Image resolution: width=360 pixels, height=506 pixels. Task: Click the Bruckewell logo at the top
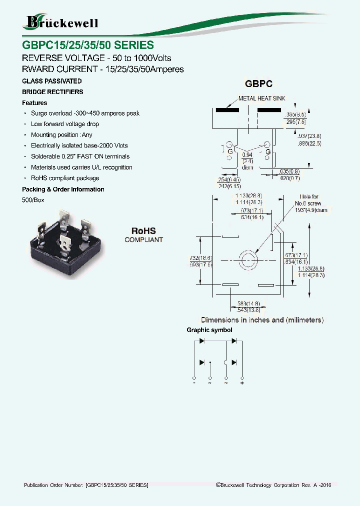(61, 22)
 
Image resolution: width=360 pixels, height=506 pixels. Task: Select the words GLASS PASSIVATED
(52, 81)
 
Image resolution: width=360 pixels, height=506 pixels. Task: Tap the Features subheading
(34, 102)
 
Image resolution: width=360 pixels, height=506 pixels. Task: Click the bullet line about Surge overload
(85, 113)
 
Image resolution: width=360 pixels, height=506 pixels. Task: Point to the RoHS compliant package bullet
(65, 178)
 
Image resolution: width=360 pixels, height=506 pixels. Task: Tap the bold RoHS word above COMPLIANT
(143, 231)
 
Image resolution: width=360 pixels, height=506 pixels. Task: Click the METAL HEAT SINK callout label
(261, 98)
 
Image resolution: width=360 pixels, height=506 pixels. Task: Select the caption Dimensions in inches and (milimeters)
(262, 319)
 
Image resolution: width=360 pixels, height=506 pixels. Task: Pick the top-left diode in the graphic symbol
(202, 341)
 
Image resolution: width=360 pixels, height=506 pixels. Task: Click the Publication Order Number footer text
(86, 485)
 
